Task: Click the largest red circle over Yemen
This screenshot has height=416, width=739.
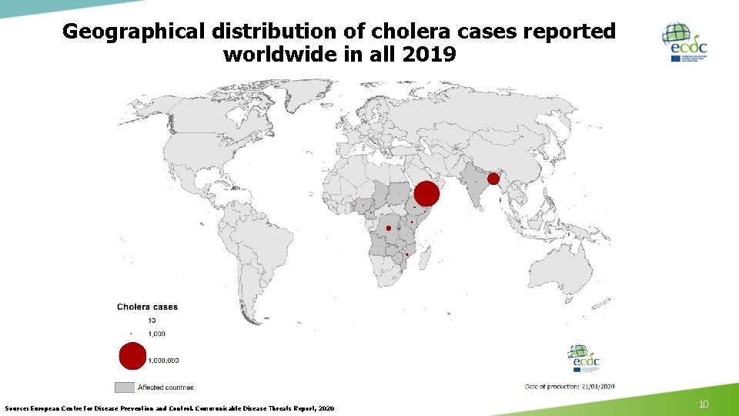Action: tap(426, 193)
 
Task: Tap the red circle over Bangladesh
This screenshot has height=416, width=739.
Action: tap(493, 179)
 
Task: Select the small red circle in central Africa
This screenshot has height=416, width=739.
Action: tap(389, 229)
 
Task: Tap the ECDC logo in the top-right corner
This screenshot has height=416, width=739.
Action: tap(684, 42)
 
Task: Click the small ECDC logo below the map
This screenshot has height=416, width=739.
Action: tap(584, 357)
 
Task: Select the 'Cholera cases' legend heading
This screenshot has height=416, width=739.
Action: tap(147, 307)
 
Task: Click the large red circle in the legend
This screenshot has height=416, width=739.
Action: tap(132, 356)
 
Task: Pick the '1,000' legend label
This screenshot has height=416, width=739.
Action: tap(158, 334)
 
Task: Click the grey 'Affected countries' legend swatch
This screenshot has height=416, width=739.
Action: tap(125, 387)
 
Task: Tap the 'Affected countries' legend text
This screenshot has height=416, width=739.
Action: tap(167, 387)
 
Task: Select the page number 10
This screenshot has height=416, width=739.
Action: tap(702, 404)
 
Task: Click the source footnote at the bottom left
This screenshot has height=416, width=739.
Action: tap(169, 408)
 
